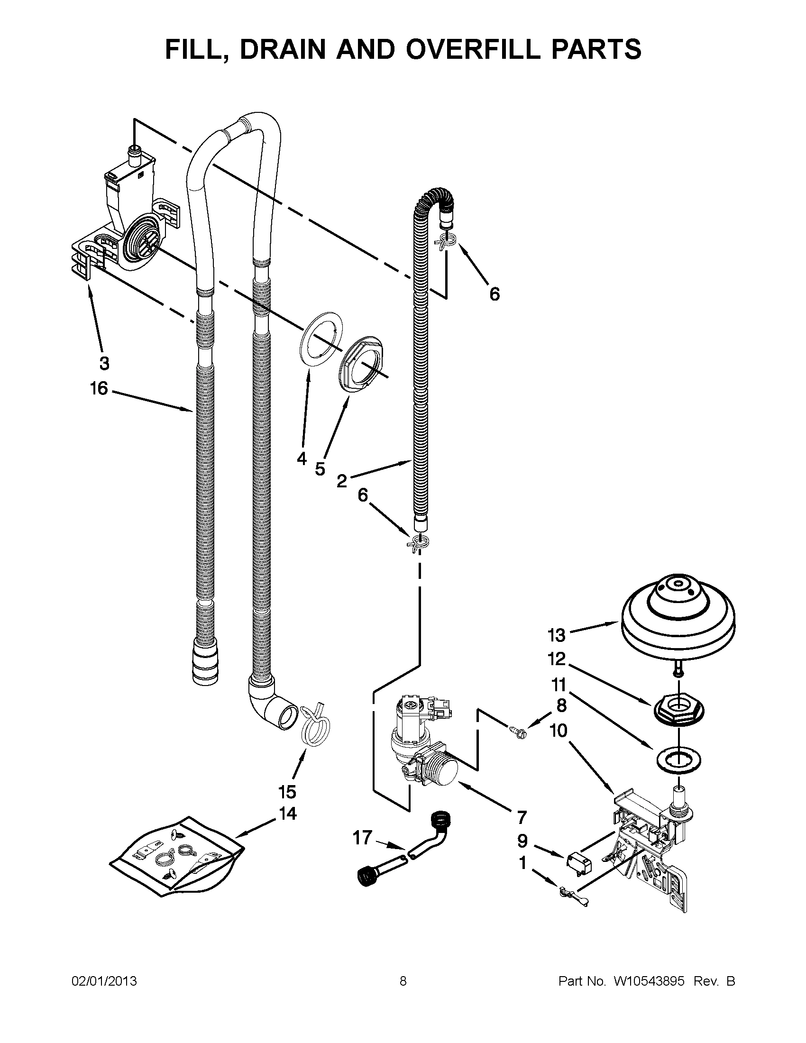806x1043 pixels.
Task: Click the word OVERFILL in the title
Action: click(478, 49)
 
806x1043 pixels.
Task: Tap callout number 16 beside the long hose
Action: click(99, 388)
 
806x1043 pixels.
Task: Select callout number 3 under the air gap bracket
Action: click(104, 364)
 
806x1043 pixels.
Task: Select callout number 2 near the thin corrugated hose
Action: click(341, 481)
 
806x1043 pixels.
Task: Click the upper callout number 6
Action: click(495, 294)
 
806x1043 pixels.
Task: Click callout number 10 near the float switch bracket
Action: click(559, 730)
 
